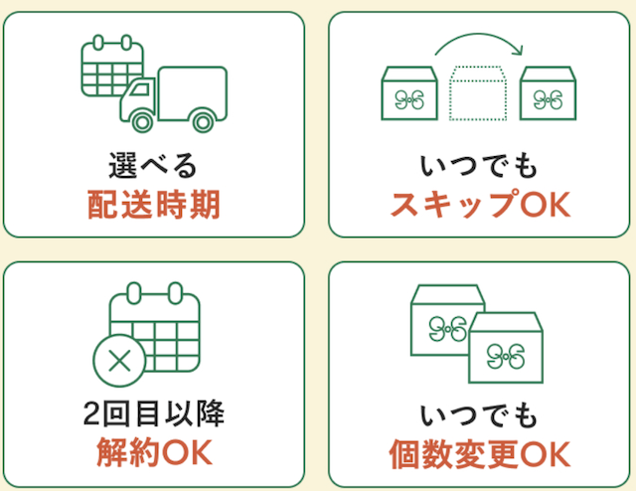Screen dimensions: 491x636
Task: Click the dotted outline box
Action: (478, 95)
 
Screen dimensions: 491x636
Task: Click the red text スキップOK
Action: (480, 205)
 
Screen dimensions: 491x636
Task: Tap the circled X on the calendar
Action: (118, 362)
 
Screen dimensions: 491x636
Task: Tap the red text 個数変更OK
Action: (480, 455)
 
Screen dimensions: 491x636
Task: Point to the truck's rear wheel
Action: (202, 120)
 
